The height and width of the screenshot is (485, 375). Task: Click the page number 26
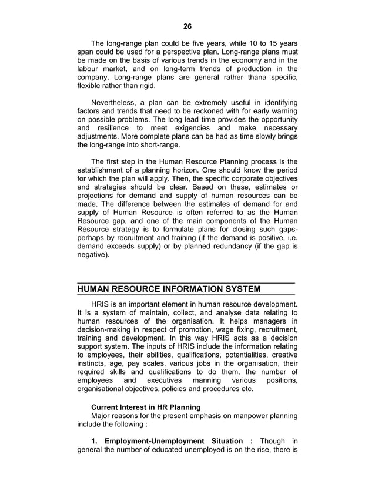(x=187, y=26)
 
